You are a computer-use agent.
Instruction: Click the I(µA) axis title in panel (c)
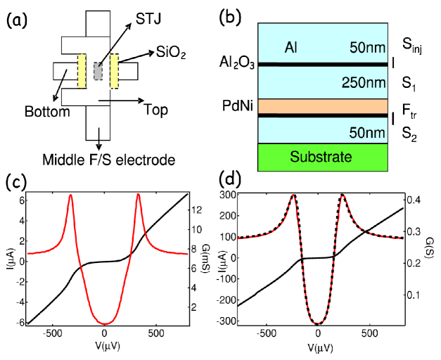[12, 259]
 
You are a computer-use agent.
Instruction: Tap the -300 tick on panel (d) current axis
[225, 321]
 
